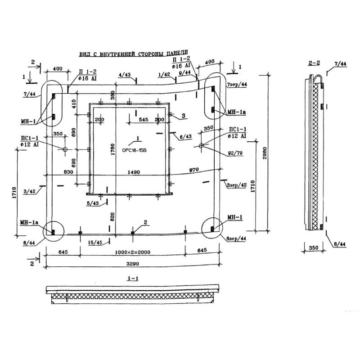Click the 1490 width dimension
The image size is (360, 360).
tap(134, 172)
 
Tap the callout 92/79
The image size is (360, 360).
tap(235, 153)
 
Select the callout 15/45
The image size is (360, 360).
tap(96, 243)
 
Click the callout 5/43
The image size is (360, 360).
tap(93, 203)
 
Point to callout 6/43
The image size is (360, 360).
tap(185, 137)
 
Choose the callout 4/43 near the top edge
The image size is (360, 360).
tap(125, 75)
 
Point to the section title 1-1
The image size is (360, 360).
tap(133, 279)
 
